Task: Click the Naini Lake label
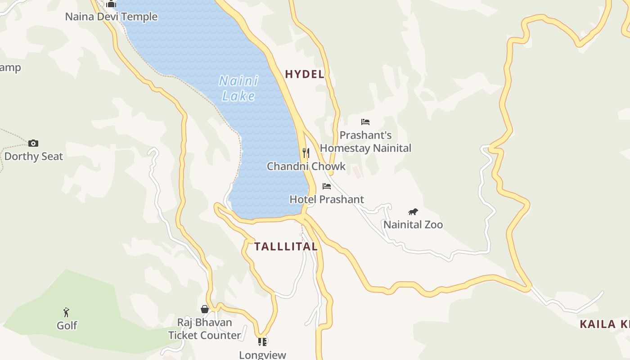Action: pyautogui.click(x=238, y=88)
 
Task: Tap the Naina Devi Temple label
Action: pyautogui.click(x=111, y=17)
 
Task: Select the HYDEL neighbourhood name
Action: pyautogui.click(x=305, y=74)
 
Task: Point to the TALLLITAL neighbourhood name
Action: pyautogui.click(x=286, y=247)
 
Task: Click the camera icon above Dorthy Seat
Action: pyautogui.click(x=33, y=144)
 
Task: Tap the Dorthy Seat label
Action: pyautogui.click(x=34, y=157)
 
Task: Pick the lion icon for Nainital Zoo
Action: pyautogui.click(x=413, y=211)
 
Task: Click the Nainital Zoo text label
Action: pyautogui.click(x=413, y=225)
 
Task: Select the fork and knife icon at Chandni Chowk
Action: pyautogui.click(x=306, y=153)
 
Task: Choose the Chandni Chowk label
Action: pyautogui.click(x=306, y=166)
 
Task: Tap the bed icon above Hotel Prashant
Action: pyautogui.click(x=327, y=186)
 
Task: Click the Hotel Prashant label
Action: pyautogui.click(x=327, y=199)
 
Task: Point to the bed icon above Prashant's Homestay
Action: pyautogui.click(x=365, y=122)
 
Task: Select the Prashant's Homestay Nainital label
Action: pyautogui.click(x=365, y=142)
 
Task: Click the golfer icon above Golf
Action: pyautogui.click(x=67, y=312)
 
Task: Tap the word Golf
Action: pyautogui.click(x=67, y=325)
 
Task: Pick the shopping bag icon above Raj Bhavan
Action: pyautogui.click(x=205, y=309)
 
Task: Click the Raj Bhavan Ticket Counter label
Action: pyautogui.click(x=205, y=329)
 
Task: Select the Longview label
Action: pyautogui.click(x=262, y=355)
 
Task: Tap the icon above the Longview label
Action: pyautogui.click(x=262, y=342)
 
